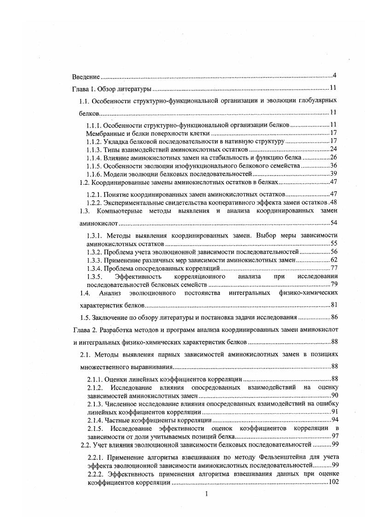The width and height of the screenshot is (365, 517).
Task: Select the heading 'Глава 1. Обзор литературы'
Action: click(x=112, y=88)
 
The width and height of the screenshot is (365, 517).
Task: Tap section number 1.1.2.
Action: click(x=94, y=141)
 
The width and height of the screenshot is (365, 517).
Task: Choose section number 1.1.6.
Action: click(x=94, y=174)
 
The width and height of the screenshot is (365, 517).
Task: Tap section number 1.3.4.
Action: click(x=94, y=268)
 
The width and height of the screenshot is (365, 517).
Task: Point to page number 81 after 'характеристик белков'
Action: click(x=335, y=305)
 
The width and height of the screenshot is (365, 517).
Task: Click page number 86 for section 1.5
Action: click(x=335, y=317)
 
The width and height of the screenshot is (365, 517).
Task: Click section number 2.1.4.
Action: click(x=95, y=420)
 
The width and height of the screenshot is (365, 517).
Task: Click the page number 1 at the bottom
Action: click(x=207, y=494)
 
